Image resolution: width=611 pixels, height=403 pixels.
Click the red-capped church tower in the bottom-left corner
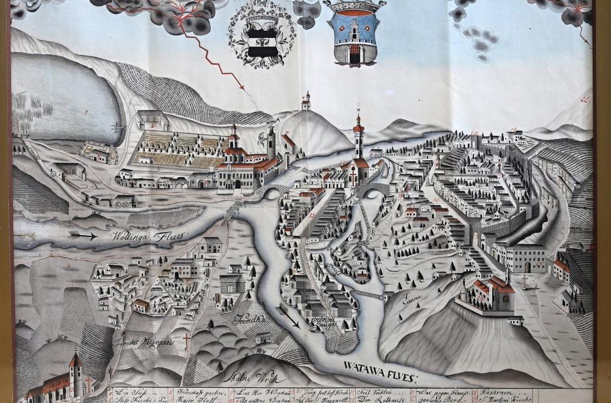75,372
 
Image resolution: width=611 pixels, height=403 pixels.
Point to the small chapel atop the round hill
305,103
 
